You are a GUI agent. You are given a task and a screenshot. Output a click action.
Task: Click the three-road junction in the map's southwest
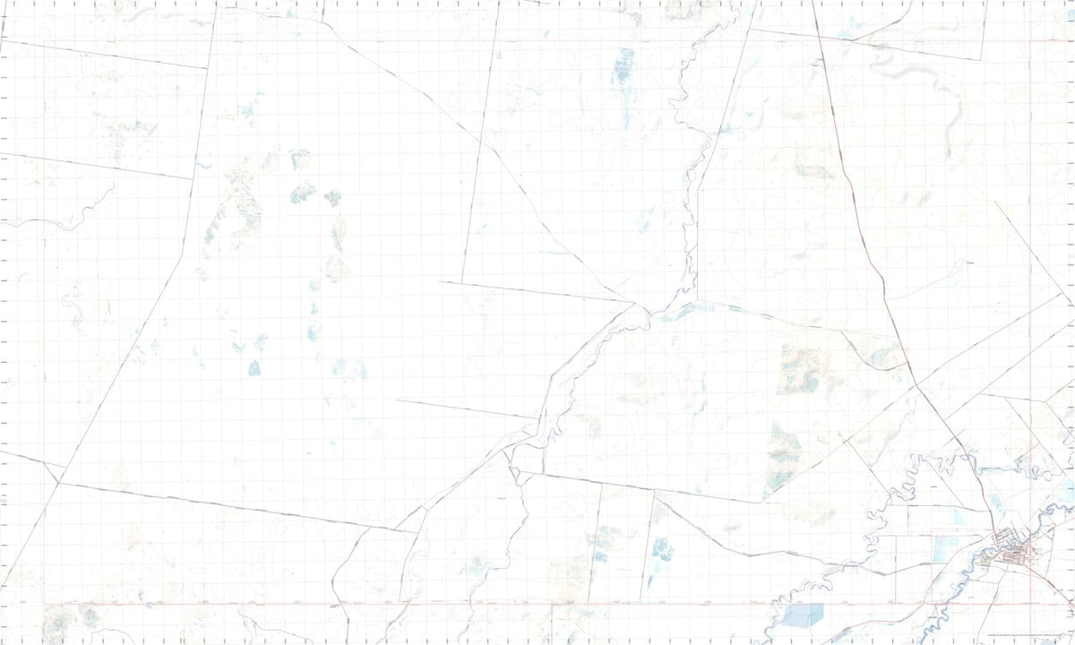[58, 482]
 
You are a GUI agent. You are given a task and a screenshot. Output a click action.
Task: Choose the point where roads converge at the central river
[638, 305]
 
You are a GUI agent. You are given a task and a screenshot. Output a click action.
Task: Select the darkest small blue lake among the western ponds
[254, 367]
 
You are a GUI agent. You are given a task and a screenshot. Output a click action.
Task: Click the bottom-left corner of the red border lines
[43, 604]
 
